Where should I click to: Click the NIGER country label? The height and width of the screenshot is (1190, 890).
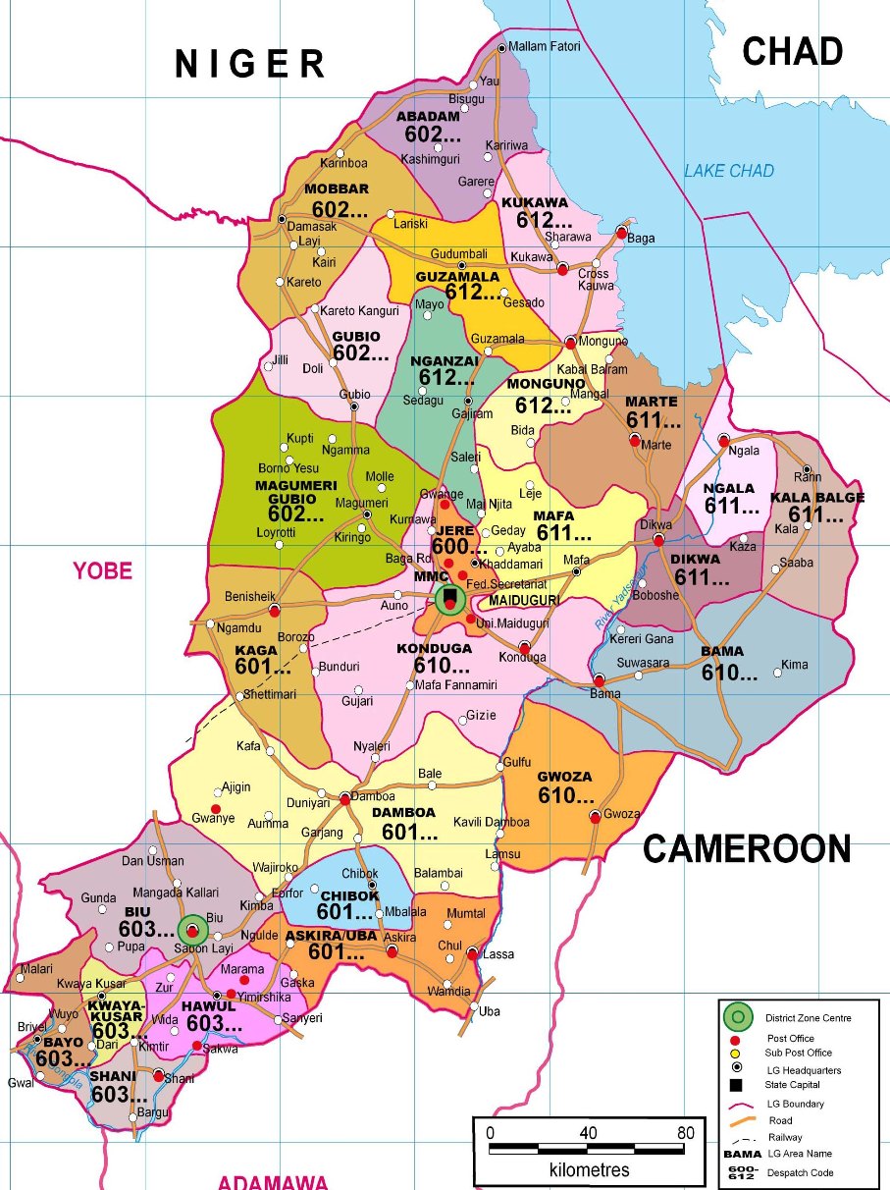250,64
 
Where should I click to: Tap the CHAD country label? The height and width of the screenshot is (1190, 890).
792,52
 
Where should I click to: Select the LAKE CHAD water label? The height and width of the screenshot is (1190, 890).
728,171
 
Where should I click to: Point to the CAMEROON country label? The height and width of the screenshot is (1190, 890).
747,849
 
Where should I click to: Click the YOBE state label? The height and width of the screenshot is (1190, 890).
102,570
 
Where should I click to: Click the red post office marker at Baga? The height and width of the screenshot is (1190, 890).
621,233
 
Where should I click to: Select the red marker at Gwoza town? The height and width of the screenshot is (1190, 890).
595,816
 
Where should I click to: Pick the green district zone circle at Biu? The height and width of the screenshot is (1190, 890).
193,929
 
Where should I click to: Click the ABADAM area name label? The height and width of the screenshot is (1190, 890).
428,117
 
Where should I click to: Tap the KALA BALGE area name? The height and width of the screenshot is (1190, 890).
817,498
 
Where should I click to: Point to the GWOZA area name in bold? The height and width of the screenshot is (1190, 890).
564,777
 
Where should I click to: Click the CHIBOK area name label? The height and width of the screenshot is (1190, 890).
349,895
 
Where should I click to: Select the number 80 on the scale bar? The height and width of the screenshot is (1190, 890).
684,1133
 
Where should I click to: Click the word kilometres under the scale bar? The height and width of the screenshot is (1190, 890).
589,1170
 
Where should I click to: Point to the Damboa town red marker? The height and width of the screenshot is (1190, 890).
344,799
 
